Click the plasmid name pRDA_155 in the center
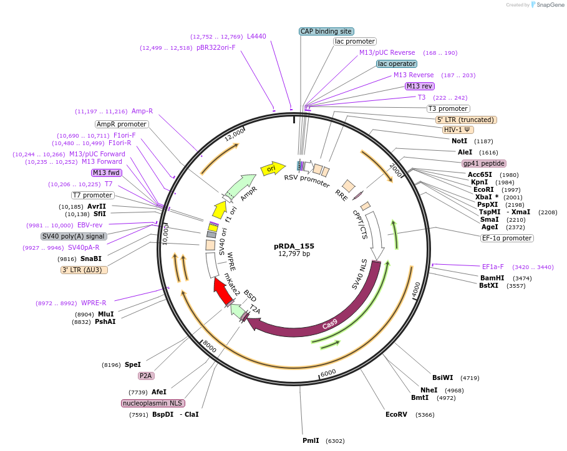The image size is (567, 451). click(x=293, y=245)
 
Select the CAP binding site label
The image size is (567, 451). click(x=326, y=31)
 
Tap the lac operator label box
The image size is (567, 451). click(x=397, y=64)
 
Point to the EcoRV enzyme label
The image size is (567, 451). click(x=396, y=414)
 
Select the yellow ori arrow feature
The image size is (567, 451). click(x=273, y=168)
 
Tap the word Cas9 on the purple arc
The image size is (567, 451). click(x=329, y=324)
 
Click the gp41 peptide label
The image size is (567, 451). click(x=483, y=163)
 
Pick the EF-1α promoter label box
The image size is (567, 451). click(x=507, y=238)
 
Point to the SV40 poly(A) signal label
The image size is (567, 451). click(x=74, y=237)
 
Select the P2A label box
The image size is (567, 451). click(x=146, y=376)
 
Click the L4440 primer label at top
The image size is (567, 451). click(x=256, y=36)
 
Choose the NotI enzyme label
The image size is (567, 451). click(x=459, y=141)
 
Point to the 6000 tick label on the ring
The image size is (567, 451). click(x=328, y=373)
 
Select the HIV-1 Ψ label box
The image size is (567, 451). click(x=458, y=130)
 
